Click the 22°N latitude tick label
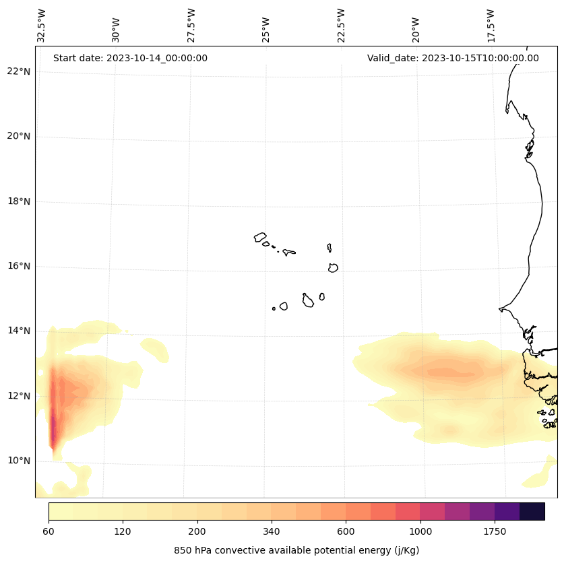point(18,71)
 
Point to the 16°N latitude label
point(18,266)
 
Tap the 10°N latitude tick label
point(18,461)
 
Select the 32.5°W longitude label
point(42,26)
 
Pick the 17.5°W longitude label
point(491,26)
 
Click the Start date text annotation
point(130,58)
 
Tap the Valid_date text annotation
point(453,58)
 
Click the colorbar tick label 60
point(49,531)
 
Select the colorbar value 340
point(271,531)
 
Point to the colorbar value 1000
point(420,531)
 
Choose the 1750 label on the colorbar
point(495,531)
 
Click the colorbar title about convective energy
point(296,550)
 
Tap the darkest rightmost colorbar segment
point(532,511)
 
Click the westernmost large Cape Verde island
point(260,237)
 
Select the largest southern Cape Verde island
point(308,301)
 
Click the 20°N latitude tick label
point(18,136)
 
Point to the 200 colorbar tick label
point(197,531)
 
